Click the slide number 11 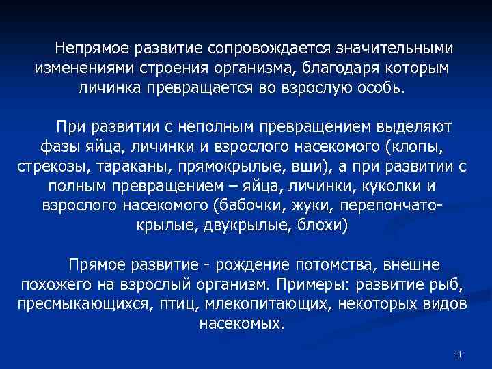[458, 354]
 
